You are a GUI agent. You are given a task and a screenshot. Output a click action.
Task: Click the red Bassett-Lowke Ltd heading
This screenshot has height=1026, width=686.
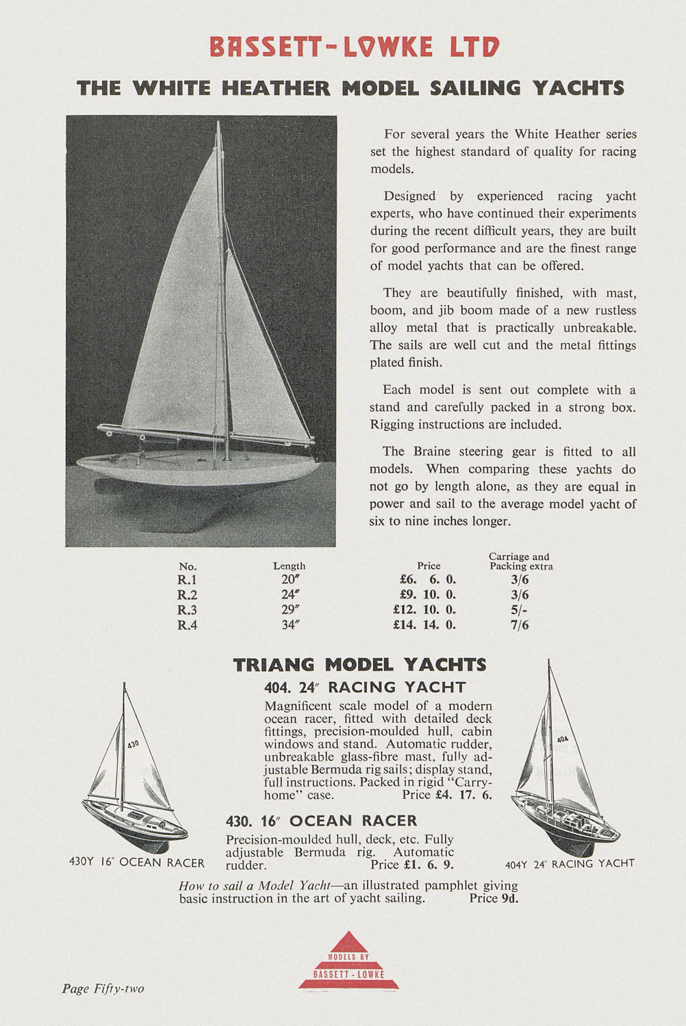355,47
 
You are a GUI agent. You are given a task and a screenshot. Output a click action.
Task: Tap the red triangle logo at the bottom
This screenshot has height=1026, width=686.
349,961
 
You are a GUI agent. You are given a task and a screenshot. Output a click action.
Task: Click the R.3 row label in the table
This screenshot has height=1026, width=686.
187,610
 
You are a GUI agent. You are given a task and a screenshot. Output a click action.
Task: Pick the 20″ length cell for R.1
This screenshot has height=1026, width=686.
289,580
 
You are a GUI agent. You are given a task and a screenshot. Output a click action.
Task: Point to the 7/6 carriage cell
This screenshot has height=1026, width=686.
520,624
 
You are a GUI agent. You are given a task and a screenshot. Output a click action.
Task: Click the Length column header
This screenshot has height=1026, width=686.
289,566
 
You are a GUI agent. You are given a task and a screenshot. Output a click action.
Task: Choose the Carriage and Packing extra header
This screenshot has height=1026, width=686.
520,562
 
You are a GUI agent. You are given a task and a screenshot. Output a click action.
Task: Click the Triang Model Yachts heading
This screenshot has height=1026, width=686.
359,664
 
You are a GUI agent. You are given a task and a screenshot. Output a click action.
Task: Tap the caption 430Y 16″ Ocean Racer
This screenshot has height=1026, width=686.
137,862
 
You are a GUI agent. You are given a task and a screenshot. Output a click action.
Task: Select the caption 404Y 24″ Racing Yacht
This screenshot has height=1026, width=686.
570,863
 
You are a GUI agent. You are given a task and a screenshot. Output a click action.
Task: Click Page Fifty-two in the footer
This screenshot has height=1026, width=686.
103,988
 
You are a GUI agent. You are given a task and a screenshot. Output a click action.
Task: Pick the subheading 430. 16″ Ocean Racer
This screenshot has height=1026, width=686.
321,820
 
